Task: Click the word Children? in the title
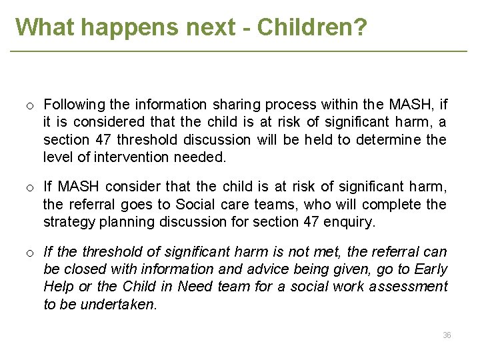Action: pos(311,27)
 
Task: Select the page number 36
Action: pos(447,335)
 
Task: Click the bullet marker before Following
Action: pos(30,106)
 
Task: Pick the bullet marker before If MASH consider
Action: pos(30,188)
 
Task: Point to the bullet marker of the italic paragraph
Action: pos(30,253)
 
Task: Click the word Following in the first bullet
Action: pos(74,105)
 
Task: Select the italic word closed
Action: pos(82,269)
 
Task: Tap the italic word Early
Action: pos(432,269)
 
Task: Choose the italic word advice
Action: pos(238,269)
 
